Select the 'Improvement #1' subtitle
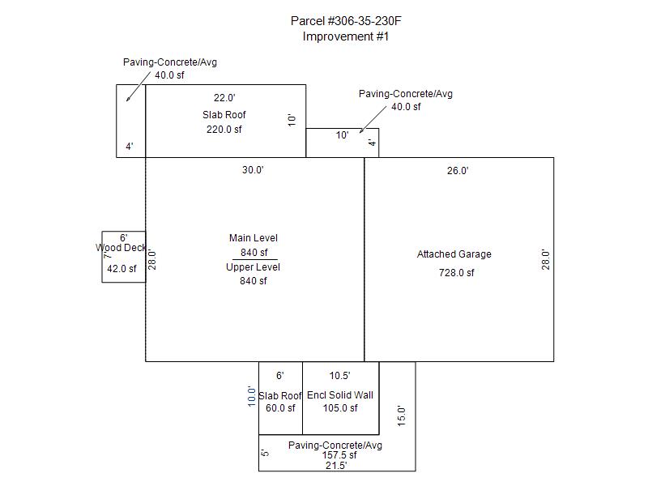346,36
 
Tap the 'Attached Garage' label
454,254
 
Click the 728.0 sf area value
457,273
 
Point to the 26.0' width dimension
458,170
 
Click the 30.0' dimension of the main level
254,170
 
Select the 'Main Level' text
254,238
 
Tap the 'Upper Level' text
254,267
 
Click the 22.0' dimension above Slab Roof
224,97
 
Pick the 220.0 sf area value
224,130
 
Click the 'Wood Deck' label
122,248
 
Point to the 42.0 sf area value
122,269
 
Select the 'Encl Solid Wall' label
340,395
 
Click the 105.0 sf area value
340,408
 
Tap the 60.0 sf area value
280,408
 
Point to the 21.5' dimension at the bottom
335,466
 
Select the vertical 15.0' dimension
400,416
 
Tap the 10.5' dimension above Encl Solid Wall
340,376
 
